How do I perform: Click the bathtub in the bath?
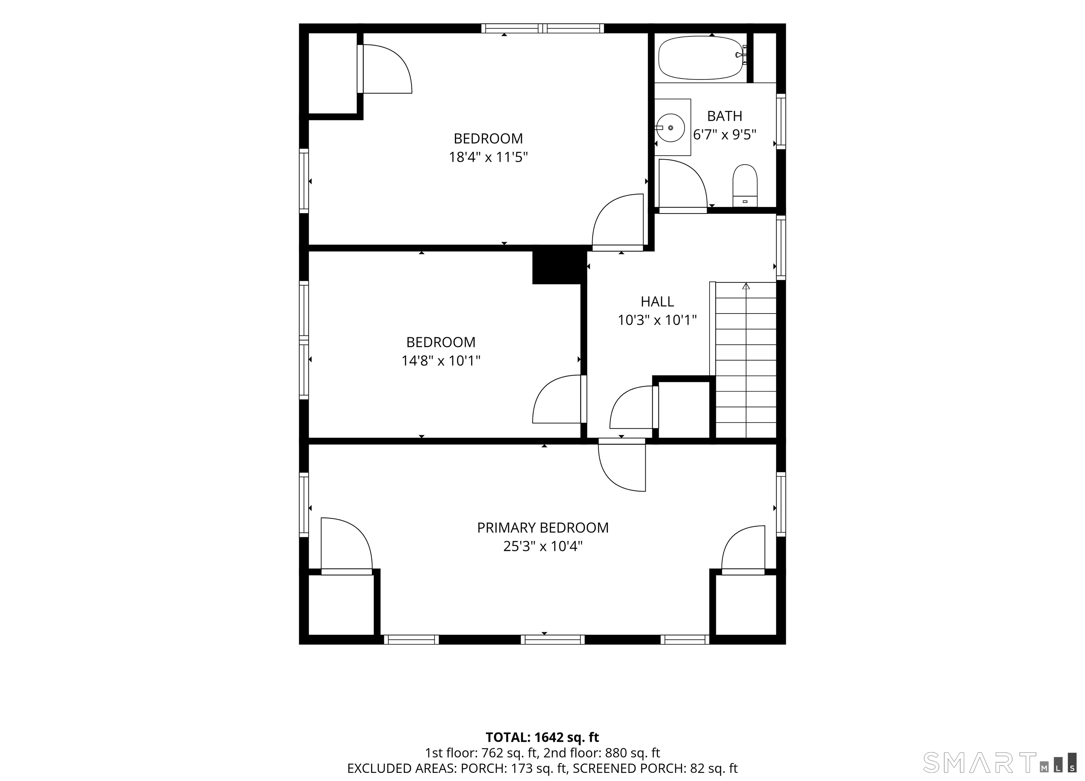click(702, 58)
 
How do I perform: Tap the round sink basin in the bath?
click(670, 128)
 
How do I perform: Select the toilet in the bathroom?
click(745, 186)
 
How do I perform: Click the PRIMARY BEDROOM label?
click(542, 527)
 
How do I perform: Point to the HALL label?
click(657, 301)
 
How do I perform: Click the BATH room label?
click(724, 116)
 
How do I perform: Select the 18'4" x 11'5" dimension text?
click(488, 157)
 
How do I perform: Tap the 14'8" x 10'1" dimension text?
click(440, 360)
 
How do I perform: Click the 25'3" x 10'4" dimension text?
click(542, 546)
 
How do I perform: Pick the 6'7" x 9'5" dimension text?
click(724, 135)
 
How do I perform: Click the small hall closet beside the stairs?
click(684, 410)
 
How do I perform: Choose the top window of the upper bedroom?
click(542, 28)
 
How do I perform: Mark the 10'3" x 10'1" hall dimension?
click(657, 320)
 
